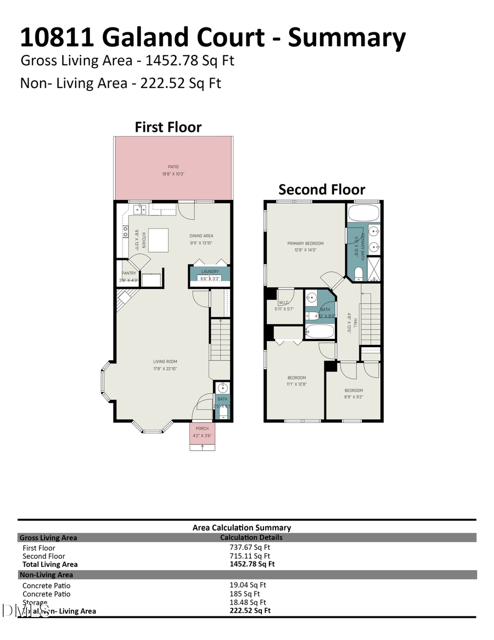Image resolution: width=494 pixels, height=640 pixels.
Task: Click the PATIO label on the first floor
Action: (x=173, y=166)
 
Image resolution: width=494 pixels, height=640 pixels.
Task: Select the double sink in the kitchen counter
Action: (x=139, y=209)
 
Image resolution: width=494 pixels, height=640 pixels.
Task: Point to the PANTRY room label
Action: (x=129, y=273)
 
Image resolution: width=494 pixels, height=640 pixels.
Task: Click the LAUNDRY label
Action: (x=210, y=271)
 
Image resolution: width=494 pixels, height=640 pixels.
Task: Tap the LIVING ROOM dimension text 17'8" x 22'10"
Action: (x=165, y=369)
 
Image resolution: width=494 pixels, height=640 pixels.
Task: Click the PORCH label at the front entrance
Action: (x=202, y=429)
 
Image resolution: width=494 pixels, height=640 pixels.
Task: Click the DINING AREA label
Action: (x=201, y=236)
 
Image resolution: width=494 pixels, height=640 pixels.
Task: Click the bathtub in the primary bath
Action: (x=364, y=213)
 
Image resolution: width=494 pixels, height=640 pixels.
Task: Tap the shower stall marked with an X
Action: (x=374, y=269)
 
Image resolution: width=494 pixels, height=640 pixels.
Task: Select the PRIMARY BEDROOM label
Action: (x=305, y=243)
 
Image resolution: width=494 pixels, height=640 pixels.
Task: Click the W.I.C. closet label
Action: (x=284, y=302)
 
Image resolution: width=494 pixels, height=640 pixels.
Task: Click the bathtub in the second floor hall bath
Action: (x=319, y=331)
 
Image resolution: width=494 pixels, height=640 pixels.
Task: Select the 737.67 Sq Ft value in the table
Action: (x=250, y=547)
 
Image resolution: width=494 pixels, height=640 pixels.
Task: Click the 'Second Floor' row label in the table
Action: (x=43, y=556)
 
